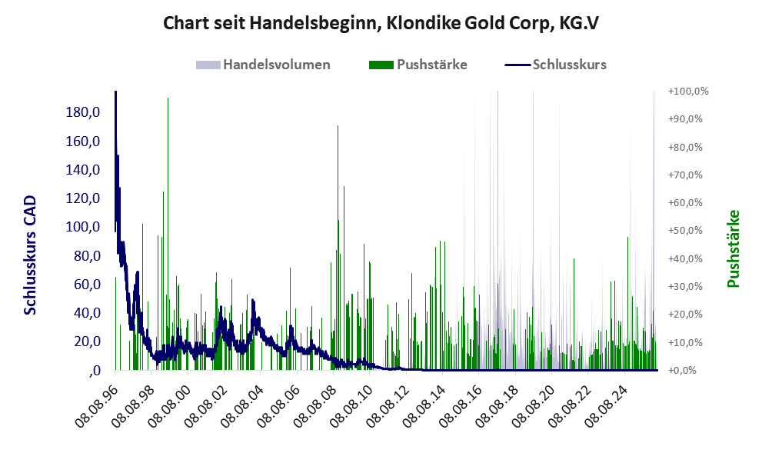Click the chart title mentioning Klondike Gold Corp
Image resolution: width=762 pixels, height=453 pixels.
coord(381,23)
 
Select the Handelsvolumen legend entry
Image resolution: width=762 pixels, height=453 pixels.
coord(263,65)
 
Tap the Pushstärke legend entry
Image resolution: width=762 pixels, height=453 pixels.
coord(418,65)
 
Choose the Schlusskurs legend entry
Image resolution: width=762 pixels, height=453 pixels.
coord(555,65)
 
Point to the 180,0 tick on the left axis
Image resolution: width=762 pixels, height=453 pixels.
coord(82,112)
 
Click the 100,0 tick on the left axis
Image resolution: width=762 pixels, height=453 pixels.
coord(82,227)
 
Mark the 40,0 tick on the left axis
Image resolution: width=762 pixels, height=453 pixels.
coord(86,312)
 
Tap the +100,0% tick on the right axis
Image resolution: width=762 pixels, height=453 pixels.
coord(688,92)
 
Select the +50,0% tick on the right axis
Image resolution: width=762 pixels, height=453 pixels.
coord(685,231)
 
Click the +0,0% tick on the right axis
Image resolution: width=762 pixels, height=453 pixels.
coord(682,371)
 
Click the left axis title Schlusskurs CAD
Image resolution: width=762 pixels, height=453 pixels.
coord(30,255)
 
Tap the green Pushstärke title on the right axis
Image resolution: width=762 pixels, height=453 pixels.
coord(733,249)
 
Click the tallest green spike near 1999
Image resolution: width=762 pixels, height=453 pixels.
coord(168,233)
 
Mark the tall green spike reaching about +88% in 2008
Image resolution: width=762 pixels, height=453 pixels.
coord(338,248)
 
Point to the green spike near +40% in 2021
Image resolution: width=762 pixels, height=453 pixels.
coord(574,314)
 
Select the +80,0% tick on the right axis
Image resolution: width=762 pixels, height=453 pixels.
coord(685,147)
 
